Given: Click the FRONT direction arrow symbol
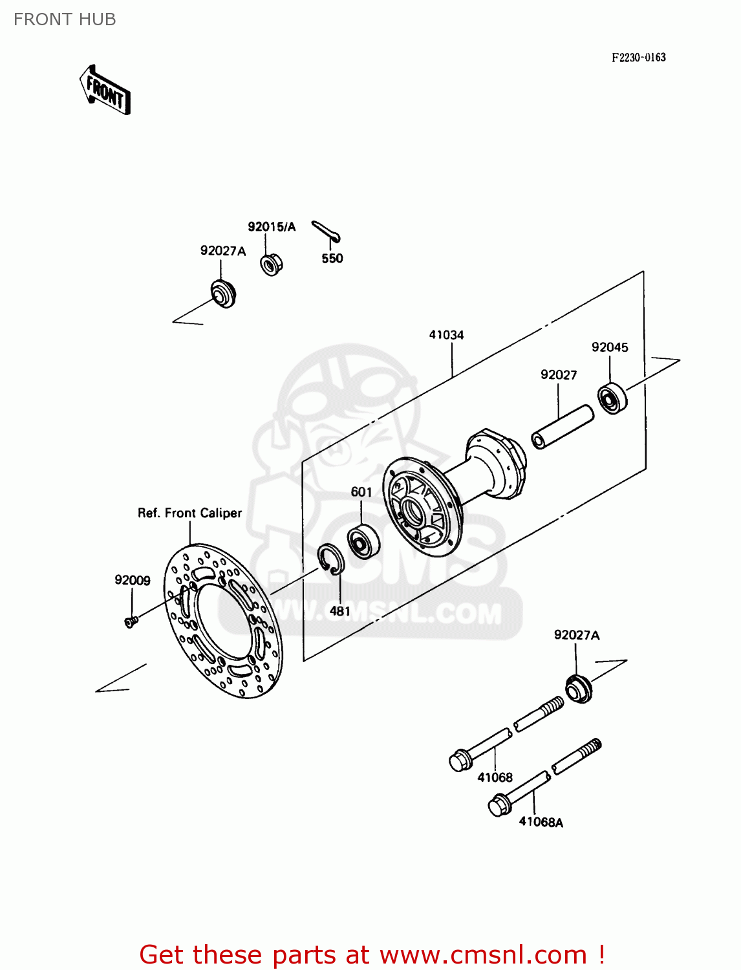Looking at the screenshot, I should tap(105, 91).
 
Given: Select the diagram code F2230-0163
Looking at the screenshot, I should tap(638, 58).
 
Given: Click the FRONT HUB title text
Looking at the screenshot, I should tap(65, 19).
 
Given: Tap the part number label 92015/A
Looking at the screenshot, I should tap(271, 226).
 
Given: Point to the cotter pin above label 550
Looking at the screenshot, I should tap(327, 232).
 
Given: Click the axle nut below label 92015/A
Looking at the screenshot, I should tap(271, 264).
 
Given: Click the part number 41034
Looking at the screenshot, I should tap(446, 335).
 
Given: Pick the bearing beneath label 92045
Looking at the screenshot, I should tap(612, 398).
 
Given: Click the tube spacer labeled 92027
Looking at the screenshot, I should tap(562, 426).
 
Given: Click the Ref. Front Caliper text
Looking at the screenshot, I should tap(189, 513).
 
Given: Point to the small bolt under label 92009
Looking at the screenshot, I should tap(131, 622).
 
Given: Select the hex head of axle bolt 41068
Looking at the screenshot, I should tap(460, 760).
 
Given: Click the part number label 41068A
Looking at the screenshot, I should tap(541, 823).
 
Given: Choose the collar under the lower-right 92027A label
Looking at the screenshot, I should tap(578, 689).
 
